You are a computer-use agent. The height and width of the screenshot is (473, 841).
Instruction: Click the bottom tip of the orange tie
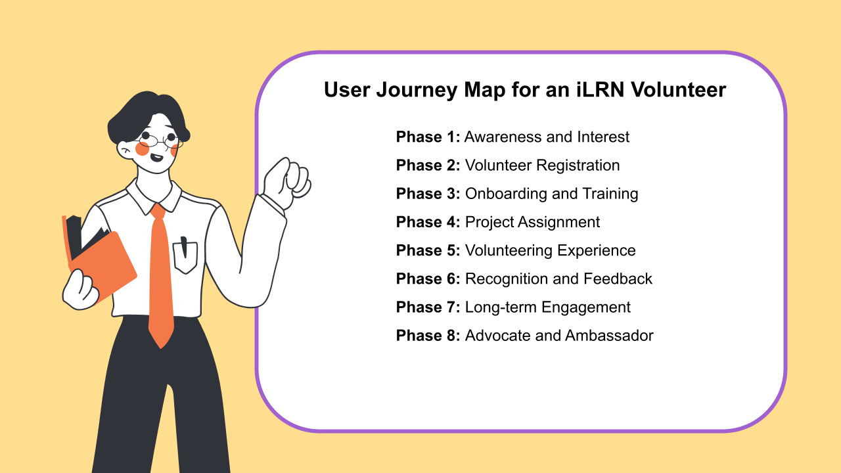click(161, 348)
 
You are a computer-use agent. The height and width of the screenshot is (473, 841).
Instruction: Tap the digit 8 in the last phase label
click(451, 336)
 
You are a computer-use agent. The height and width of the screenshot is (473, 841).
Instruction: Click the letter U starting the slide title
click(332, 90)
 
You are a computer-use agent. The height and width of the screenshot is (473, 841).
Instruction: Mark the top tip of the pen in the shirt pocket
click(183, 238)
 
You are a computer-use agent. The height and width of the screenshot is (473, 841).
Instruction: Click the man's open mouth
click(156, 157)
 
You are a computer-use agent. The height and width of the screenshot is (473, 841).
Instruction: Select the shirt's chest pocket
click(185, 258)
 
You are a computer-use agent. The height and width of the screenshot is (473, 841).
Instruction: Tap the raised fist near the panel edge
click(288, 183)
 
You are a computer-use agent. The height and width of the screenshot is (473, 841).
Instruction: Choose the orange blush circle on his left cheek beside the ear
click(142, 148)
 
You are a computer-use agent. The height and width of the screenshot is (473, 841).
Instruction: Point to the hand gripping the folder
click(80, 290)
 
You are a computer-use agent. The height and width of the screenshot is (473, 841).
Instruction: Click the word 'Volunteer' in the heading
click(679, 90)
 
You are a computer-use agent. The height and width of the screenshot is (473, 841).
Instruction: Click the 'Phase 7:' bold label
click(428, 307)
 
